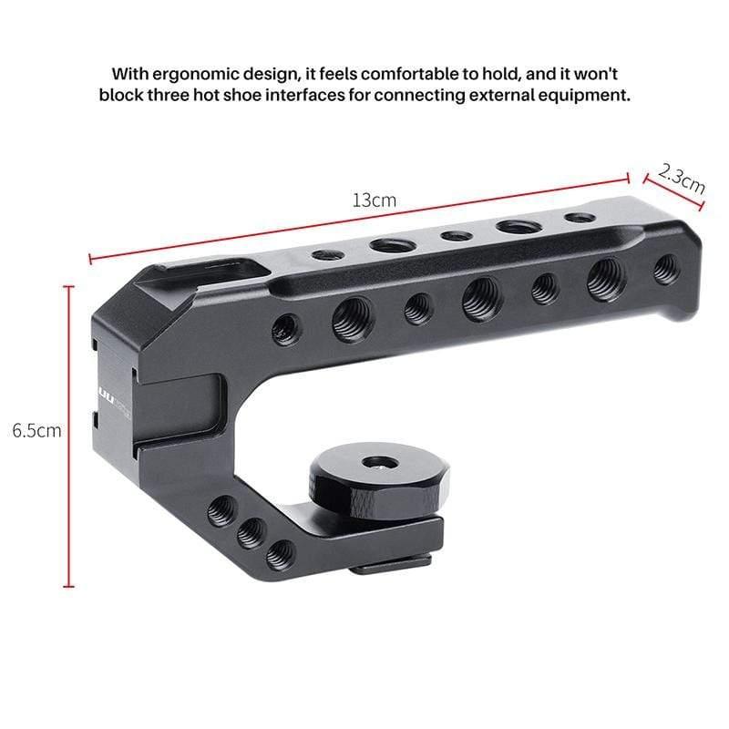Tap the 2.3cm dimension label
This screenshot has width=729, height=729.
click(682, 177)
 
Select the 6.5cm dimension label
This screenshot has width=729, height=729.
click(36, 429)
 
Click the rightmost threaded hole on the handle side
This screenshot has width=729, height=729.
click(666, 268)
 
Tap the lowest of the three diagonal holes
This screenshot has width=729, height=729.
click(280, 553)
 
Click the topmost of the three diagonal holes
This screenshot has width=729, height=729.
click(221, 510)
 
